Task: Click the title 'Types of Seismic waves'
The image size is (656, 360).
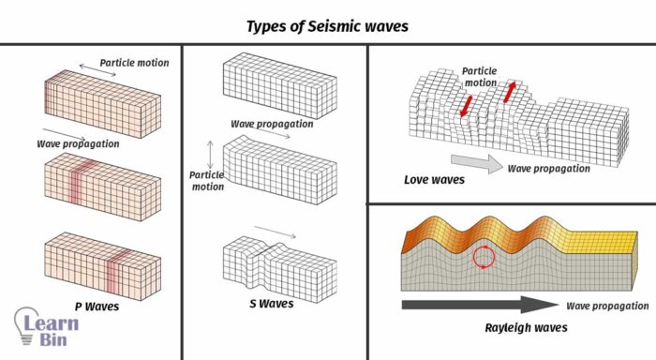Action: [327, 25]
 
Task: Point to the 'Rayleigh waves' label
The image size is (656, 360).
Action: [514, 328]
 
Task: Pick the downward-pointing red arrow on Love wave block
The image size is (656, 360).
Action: [466, 105]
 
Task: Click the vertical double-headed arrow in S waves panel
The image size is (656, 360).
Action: [211, 154]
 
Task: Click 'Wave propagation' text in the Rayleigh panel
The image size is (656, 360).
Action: [606, 307]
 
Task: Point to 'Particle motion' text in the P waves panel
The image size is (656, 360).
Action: [134, 63]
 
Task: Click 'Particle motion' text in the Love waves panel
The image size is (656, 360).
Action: [479, 76]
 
